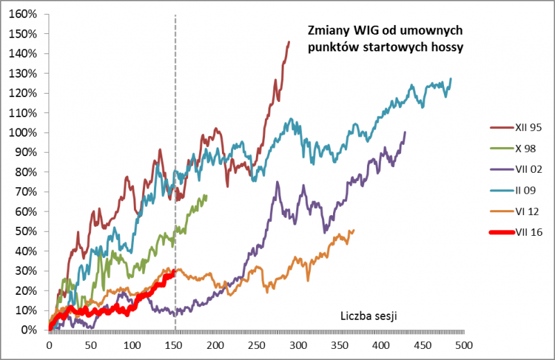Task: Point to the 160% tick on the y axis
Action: (x=26, y=14)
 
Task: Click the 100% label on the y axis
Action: (x=26, y=132)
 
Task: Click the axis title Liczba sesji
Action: (x=368, y=316)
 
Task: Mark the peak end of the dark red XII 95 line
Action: (x=289, y=42)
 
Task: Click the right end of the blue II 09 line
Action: (x=451, y=79)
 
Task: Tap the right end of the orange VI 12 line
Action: (x=353, y=230)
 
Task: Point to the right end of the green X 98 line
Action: (x=206, y=196)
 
